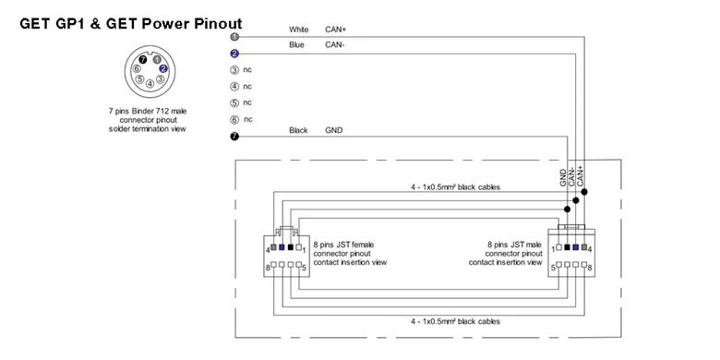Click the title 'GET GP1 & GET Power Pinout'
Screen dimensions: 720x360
[131, 23]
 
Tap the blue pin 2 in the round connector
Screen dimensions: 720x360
[163, 69]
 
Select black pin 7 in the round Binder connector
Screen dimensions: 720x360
[143, 60]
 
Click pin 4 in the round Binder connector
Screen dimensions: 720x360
[150, 84]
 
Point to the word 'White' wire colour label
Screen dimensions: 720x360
[298, 30]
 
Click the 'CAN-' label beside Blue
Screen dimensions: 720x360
[335, 45]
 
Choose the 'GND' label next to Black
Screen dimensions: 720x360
[334, 130]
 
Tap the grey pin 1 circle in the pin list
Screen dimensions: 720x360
[234, 37]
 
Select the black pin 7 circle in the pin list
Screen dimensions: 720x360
[234, 137]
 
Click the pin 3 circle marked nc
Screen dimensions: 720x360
[234, 70]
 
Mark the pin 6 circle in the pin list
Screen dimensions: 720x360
[234, 120]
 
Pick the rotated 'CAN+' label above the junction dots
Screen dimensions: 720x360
[580, 175]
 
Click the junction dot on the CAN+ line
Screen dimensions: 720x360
[584, 191]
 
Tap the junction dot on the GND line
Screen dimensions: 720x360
[567, 209]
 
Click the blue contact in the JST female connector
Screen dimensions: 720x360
[282, 247]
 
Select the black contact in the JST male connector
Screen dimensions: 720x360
[567, 247]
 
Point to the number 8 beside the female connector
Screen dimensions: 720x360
[268, 266]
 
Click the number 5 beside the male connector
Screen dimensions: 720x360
[553, 266]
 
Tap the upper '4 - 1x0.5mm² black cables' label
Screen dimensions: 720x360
[455, 187]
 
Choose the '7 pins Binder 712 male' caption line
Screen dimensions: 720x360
[148, 111]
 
